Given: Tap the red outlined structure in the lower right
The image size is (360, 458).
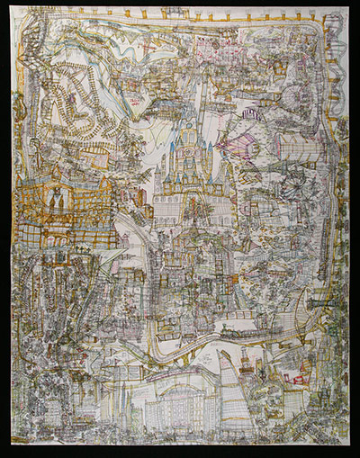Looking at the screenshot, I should (297, 373).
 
